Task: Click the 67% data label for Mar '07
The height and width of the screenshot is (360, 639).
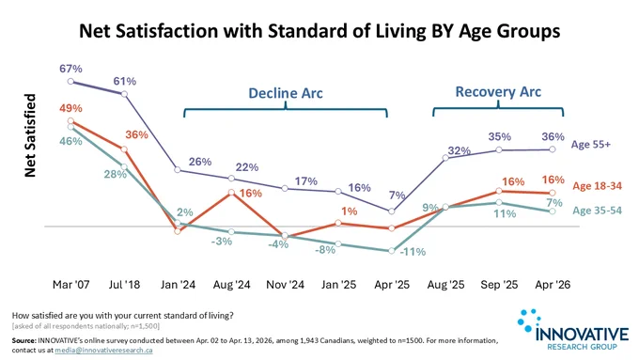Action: [70, 69]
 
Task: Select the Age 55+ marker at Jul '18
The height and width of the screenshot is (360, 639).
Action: [125, 94]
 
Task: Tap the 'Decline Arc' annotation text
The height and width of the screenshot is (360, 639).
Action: [286, 93]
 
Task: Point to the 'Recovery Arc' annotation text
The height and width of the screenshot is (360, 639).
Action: [498, 92]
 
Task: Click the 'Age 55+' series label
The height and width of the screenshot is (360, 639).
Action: [591, 145]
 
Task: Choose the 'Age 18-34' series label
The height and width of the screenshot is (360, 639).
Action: [598, 186]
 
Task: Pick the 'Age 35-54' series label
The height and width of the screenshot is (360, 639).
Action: [598, 211]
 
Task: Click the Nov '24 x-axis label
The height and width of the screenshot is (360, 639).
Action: [286, 284]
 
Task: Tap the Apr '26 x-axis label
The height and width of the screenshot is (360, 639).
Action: [553, 284]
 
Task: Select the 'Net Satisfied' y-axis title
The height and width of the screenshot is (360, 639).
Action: [30, 135]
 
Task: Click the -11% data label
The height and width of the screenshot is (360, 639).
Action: [413, 252]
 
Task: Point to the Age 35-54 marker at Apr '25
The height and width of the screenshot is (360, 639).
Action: [392, 251]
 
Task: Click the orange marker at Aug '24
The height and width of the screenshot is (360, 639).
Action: [231, 192]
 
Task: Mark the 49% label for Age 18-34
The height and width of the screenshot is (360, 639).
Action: [70, 108]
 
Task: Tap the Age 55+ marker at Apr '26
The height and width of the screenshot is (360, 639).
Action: [553, 149]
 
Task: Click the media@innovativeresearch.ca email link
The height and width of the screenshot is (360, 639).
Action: [104, 351]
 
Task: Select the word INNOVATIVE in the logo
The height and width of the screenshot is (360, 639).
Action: [582, 334]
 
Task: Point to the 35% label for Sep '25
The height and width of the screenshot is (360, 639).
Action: [500, 136]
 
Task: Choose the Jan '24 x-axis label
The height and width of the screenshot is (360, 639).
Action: [178, 284]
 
